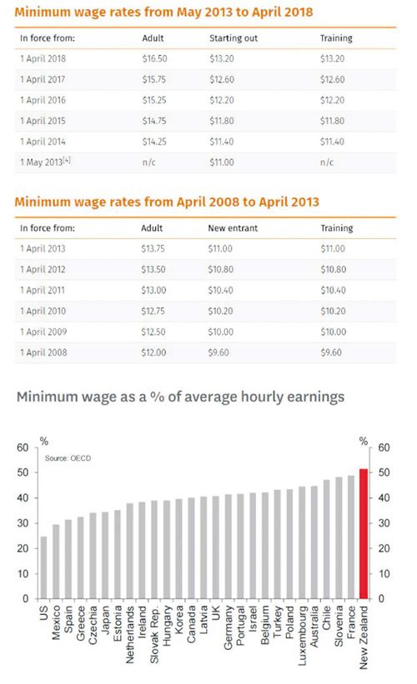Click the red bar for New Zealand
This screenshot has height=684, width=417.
[x=364, y=533]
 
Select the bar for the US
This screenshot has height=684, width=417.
[x=43, y=567]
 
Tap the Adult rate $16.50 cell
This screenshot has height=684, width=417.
[x=154, y=58]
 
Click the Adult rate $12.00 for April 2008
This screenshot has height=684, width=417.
[x=153, y=352]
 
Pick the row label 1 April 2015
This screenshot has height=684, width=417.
[x=43, y=121]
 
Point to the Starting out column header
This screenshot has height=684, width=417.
[x=234, y=38]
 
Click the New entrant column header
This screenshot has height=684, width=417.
[x=233, y=228]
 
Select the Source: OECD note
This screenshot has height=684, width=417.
[x=68, y=458]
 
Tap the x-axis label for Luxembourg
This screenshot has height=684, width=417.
[x=302, y=636]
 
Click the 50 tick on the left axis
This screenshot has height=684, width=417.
[x=23, y=472]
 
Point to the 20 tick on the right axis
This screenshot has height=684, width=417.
[x=384, y=548]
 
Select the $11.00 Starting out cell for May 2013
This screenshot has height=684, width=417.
[x=222, y=162]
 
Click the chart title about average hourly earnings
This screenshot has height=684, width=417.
[x=180, y=397]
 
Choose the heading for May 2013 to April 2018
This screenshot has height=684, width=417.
[x=163, y=12]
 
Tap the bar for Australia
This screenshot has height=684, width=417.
[x=314, y=542]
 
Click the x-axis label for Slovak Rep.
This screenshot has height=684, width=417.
[x=154, y=634]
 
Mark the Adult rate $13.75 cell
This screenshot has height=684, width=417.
[x=153, y=248]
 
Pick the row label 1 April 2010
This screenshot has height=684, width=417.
[x=43, y=311]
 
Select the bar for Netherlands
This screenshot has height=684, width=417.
[x=129, y=551]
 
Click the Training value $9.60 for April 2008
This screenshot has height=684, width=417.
[x=331, y=352]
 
